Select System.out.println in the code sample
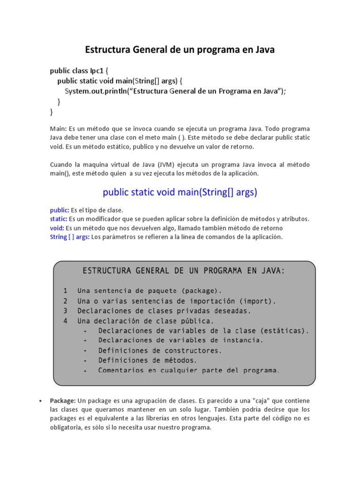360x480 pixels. tap(96, 91)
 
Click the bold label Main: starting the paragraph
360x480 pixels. tap(59, 128)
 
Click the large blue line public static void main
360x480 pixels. tap(180, 192)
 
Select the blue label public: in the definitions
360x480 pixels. tap(60, 210)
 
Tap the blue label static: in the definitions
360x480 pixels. tap(59, 219)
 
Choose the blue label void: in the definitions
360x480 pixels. tap(57, 228)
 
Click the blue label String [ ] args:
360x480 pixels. tap(70, 237)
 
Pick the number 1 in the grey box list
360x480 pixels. tap(66, 291)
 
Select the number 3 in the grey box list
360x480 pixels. tap(66, 311)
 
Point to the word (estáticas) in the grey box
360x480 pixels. tap(284, 330)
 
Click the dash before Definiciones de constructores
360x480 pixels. tap(85, 351)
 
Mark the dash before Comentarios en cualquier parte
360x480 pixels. tap(85, 371)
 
